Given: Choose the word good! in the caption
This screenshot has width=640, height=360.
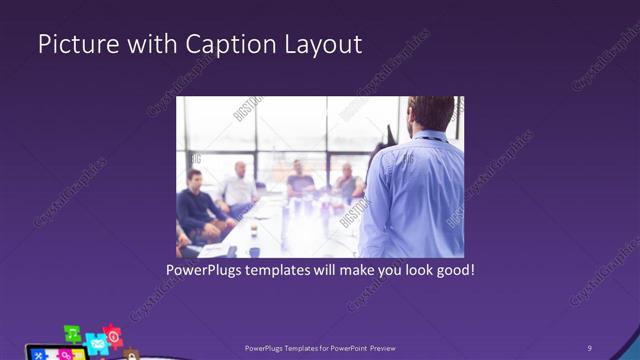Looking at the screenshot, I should click(451, 270).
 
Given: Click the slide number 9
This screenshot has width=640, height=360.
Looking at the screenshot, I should click(590, 347).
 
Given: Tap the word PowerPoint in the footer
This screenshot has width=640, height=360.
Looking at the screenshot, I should click(337, 347).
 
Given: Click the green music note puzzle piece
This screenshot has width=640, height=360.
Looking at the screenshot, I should click(72, 333).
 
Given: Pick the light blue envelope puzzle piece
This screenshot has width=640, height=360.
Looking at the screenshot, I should click(97, 343).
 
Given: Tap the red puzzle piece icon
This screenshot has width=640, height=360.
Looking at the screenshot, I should click(113, 335).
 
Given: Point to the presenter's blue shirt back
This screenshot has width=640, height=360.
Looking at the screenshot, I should click(410, 195).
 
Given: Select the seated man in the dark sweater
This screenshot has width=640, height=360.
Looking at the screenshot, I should click(195, 205).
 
